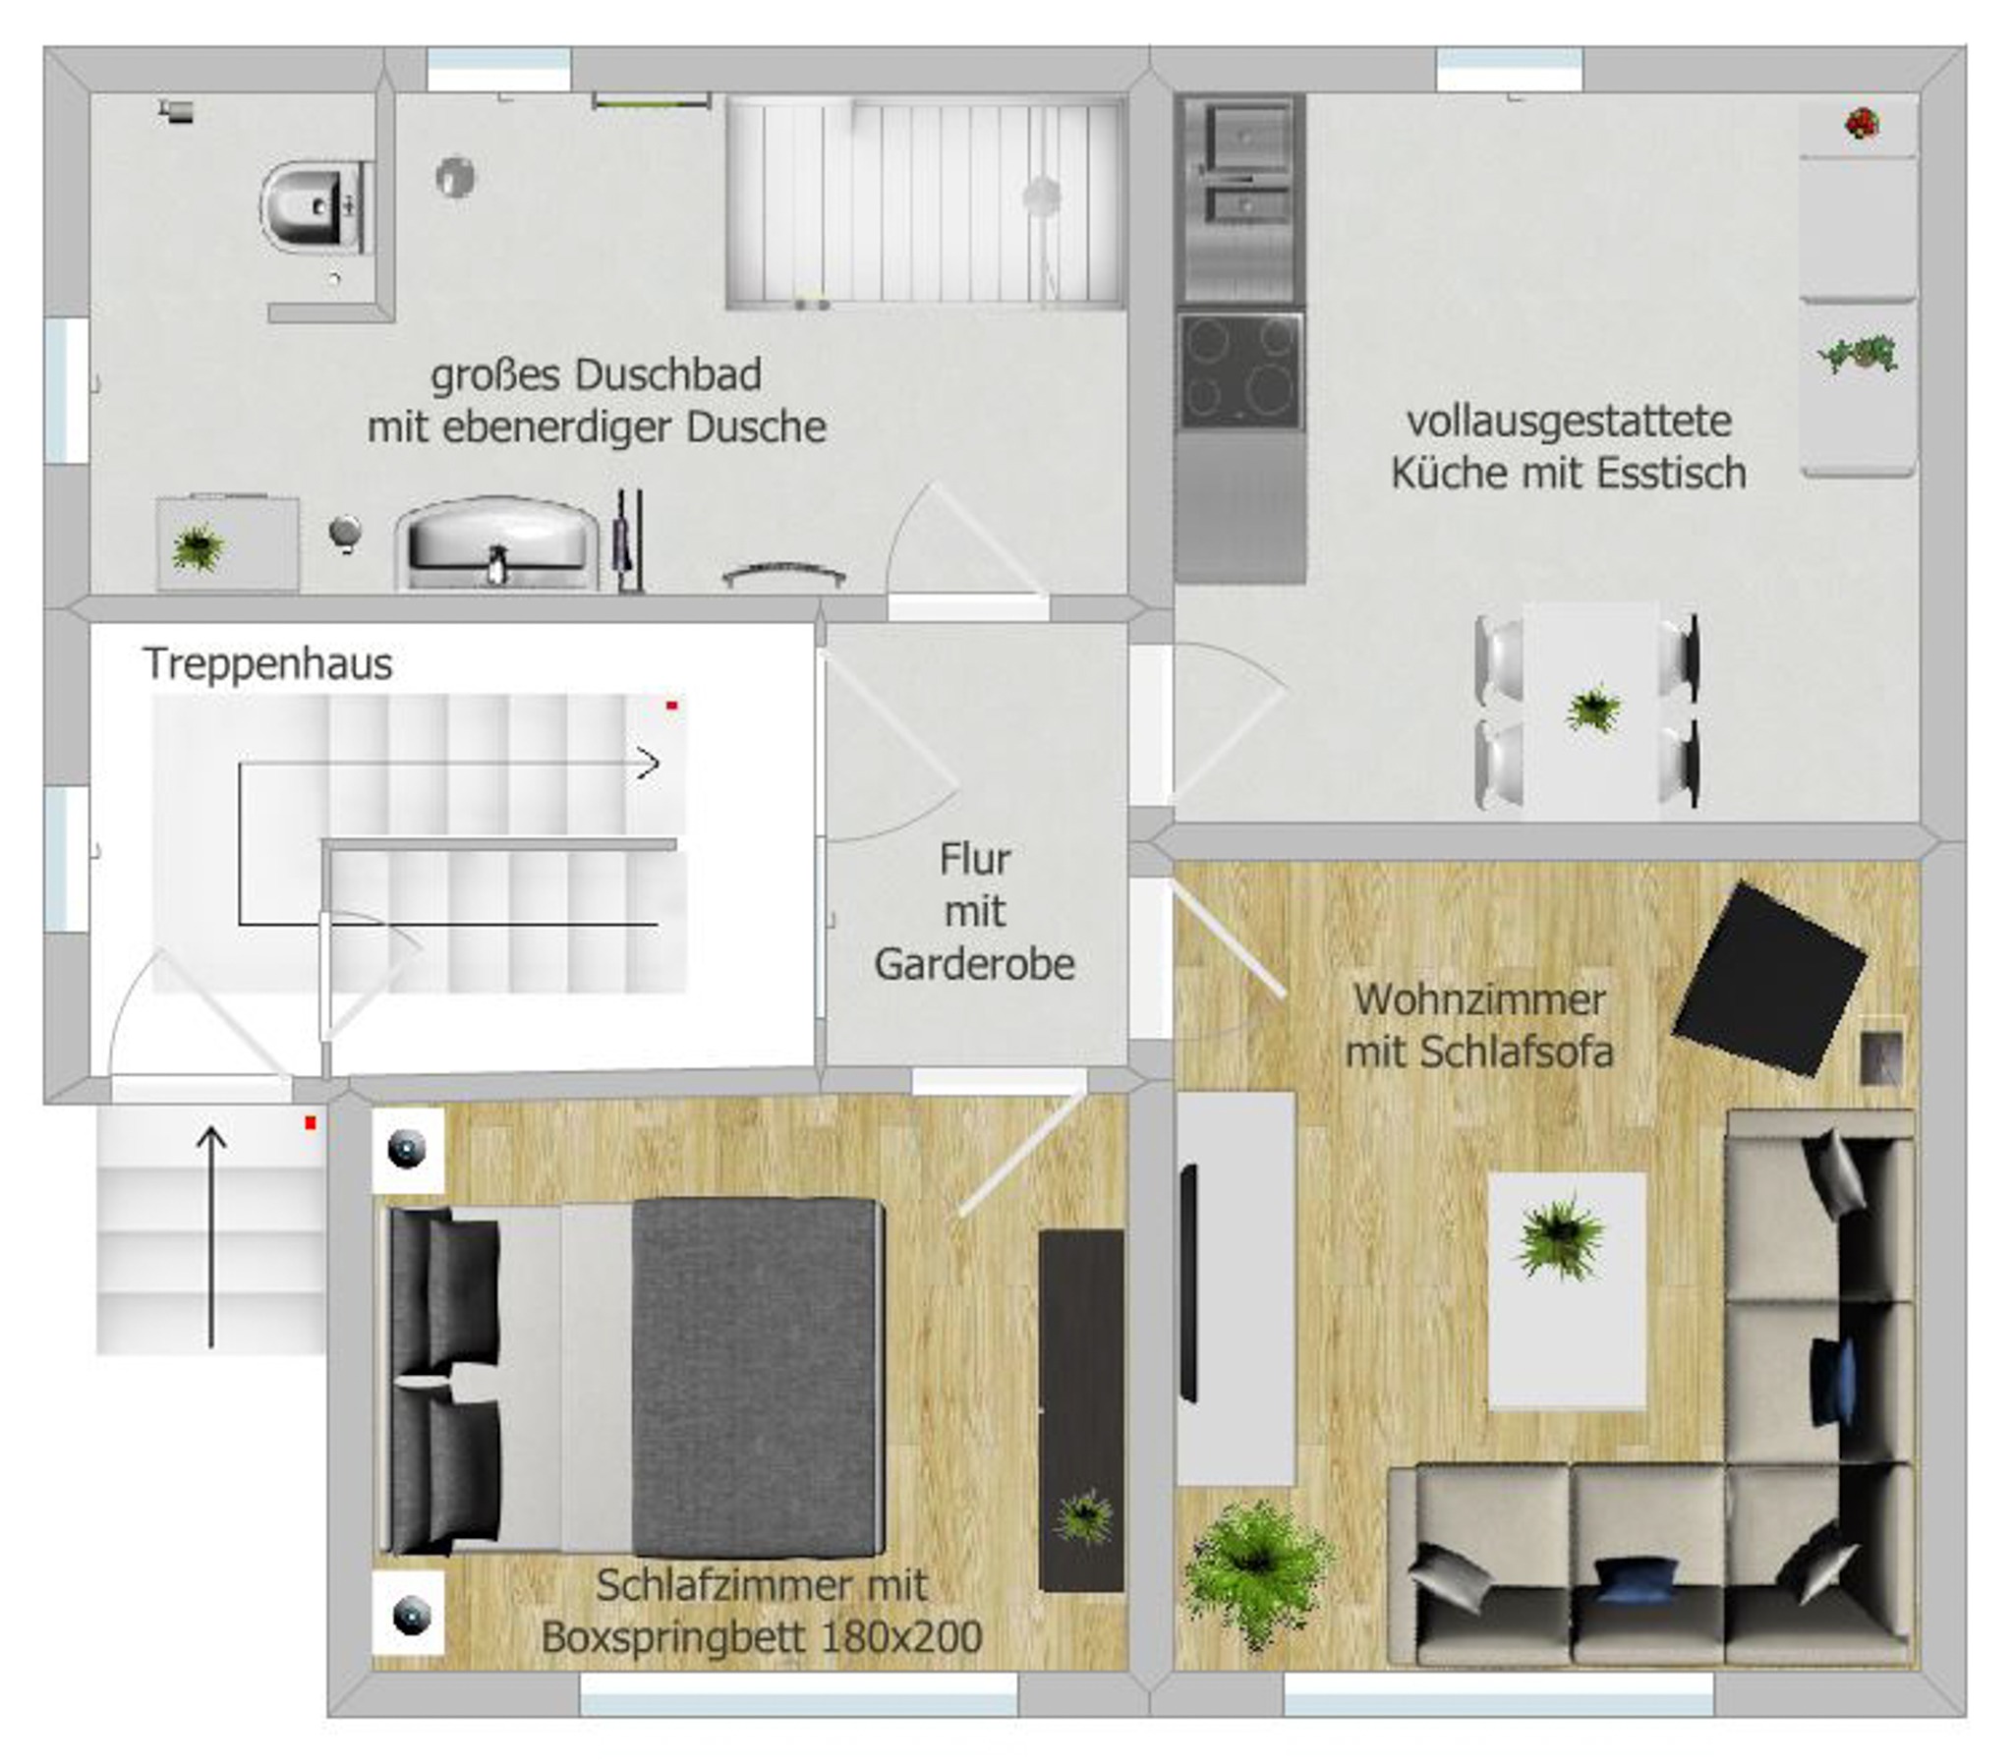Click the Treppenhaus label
[x=267, y=664]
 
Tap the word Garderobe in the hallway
[x=974, y=965]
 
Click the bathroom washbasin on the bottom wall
[x=497, y=544]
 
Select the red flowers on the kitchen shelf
[x=1862, y=123]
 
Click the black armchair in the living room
[x=1769, y=980]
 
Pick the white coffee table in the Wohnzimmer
[x=1566, y=1290]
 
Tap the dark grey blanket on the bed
[x=755, y=1378]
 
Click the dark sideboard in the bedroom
[x=1082, y=1409]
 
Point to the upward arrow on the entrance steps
[x=210, y=1237]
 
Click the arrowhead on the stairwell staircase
[x=649, y=763]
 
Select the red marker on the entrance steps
[x=310, y=1122]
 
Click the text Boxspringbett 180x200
[x=761, y=1637]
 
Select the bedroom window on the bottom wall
[x=798, y=1693]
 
